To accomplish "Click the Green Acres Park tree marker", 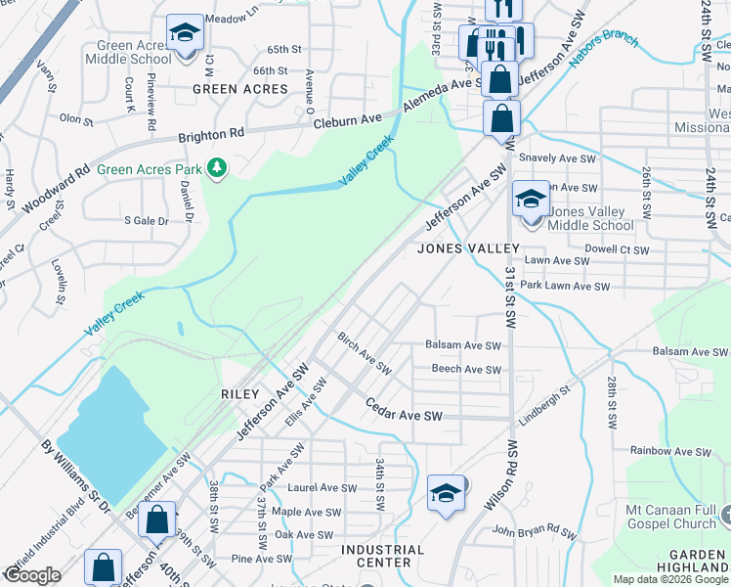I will click(x=217, y=169).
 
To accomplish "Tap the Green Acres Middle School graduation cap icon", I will click(x=184, y=32).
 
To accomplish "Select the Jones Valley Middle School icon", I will click(x=531, y=201).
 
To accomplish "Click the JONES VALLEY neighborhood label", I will click(x=465, y=248).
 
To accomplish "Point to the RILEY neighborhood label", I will click(x=240, y=394).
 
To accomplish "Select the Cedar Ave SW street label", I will click(x=405, y=410).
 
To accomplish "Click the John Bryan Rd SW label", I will click(x=533, y=531).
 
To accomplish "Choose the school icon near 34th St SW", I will click(x=446, y=493).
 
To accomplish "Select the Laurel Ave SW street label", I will click(x=322, y=487).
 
